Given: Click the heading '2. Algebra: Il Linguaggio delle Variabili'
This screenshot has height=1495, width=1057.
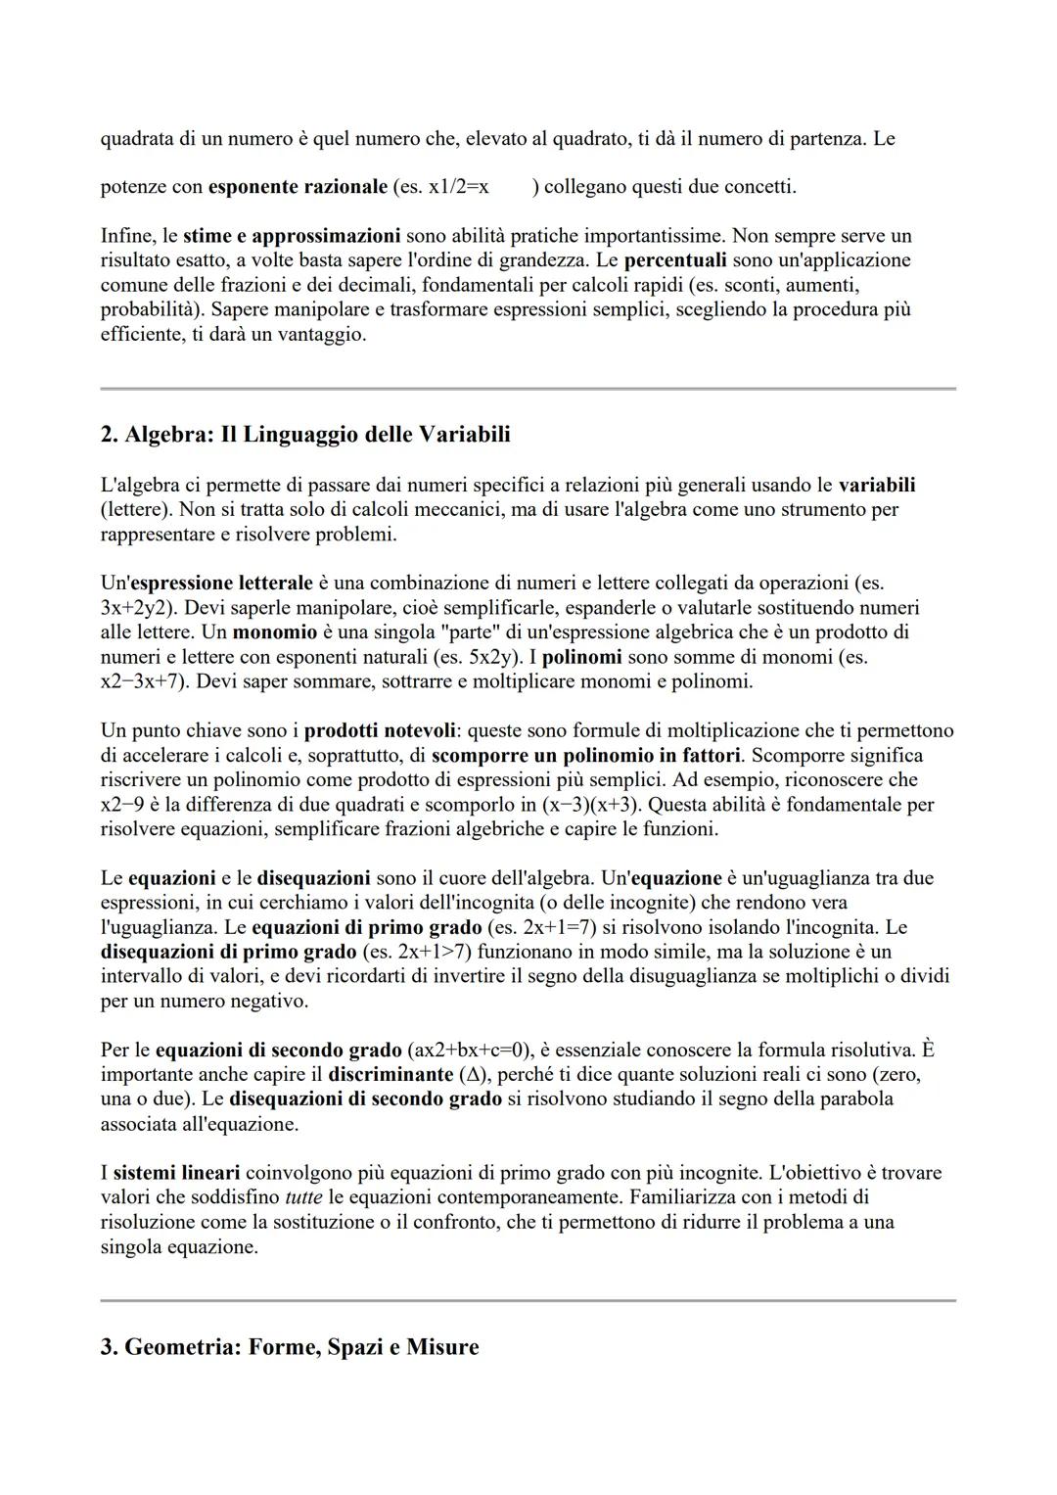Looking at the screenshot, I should (305, 434).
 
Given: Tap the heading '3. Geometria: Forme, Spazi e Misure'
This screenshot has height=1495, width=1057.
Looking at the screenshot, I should (290, 1347).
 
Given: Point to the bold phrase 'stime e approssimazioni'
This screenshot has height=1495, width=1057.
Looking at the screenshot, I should (291, 235).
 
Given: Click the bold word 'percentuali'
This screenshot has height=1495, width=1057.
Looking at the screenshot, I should (675, 259).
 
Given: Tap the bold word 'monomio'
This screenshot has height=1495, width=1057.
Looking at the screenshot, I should (275, 631).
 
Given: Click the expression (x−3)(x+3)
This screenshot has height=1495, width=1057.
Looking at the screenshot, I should (591, 805).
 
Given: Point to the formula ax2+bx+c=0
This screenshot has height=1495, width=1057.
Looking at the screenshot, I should (466, 1050).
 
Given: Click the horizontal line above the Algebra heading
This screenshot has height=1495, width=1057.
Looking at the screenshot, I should (528, 389).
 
